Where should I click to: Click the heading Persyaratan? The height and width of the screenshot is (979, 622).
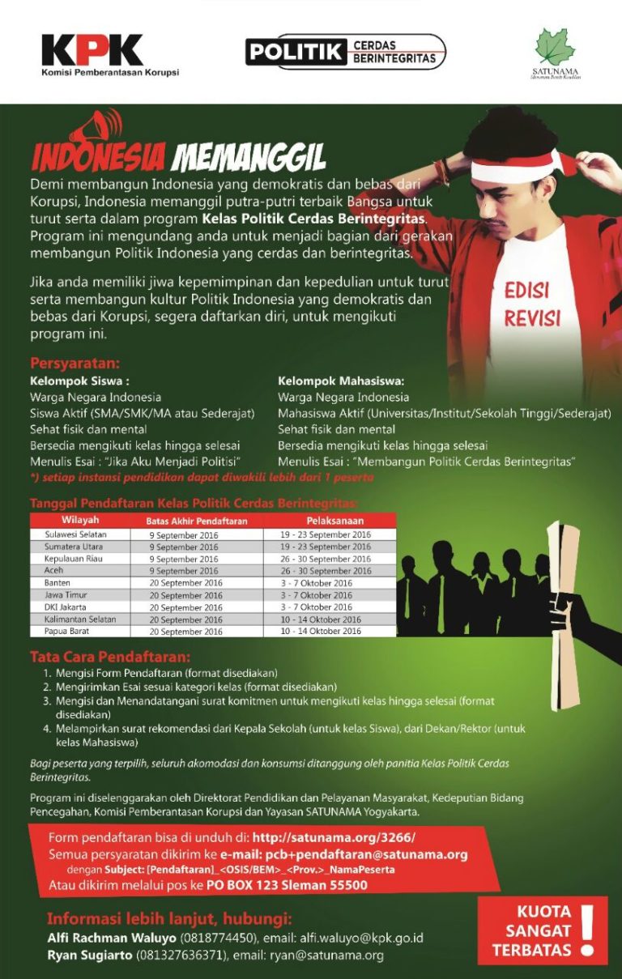point(75,363)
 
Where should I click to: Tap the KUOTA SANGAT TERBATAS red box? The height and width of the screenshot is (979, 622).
point(542,930)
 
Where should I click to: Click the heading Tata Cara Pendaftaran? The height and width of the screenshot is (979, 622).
point(110,656)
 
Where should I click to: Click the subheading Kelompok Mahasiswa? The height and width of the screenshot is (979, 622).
point(340,381)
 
